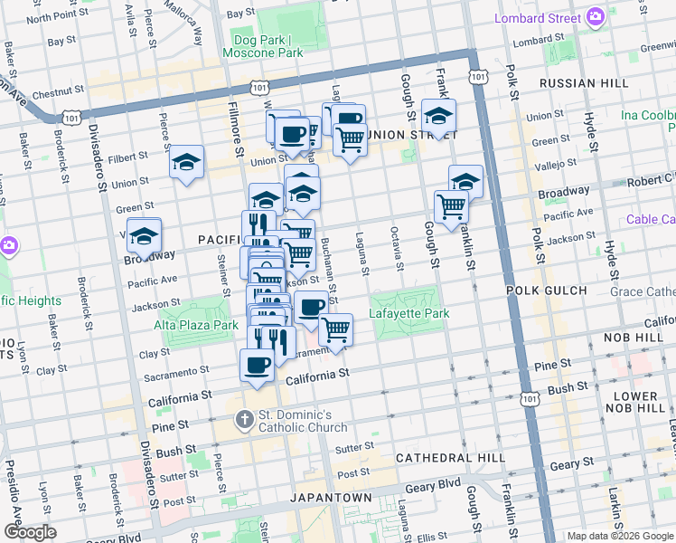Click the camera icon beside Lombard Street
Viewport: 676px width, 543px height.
[596, 17]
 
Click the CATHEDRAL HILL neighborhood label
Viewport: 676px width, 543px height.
[450, 458]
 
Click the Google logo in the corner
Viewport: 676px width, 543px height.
[29, 532]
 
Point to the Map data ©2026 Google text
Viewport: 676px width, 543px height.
[620, 536]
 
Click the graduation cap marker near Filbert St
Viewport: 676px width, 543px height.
[185, 162]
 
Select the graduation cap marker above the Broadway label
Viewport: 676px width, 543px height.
[144, 235]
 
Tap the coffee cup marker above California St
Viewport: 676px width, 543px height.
[257, 366]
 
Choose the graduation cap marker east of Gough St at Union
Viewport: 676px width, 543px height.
[438, 116]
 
